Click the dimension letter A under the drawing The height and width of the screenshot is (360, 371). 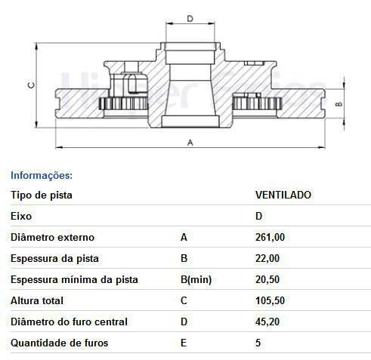(190, 141)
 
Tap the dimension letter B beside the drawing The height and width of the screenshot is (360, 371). (339, 105)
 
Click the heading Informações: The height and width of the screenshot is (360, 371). (42, 175)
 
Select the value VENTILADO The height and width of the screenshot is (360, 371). (283, 195)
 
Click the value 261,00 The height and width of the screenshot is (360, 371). (270, 237)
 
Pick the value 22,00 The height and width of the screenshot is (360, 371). (267, 258)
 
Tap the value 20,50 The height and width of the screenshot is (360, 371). (267, 279)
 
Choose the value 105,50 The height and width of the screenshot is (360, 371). (270, 300)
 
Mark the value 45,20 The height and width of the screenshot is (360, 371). (267, 322)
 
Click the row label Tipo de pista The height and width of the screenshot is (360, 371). (42, 195)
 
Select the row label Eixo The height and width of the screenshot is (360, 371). (21, 216)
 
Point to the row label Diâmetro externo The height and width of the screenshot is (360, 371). (52, 237)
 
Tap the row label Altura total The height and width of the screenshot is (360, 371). (36, 300)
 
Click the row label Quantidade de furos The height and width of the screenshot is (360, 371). (60, 343)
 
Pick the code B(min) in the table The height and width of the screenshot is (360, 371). (195, 279)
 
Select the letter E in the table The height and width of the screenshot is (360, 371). (184, 343)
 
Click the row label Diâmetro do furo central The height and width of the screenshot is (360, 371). (69, 322)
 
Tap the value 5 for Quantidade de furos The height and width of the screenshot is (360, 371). (258, 343)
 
